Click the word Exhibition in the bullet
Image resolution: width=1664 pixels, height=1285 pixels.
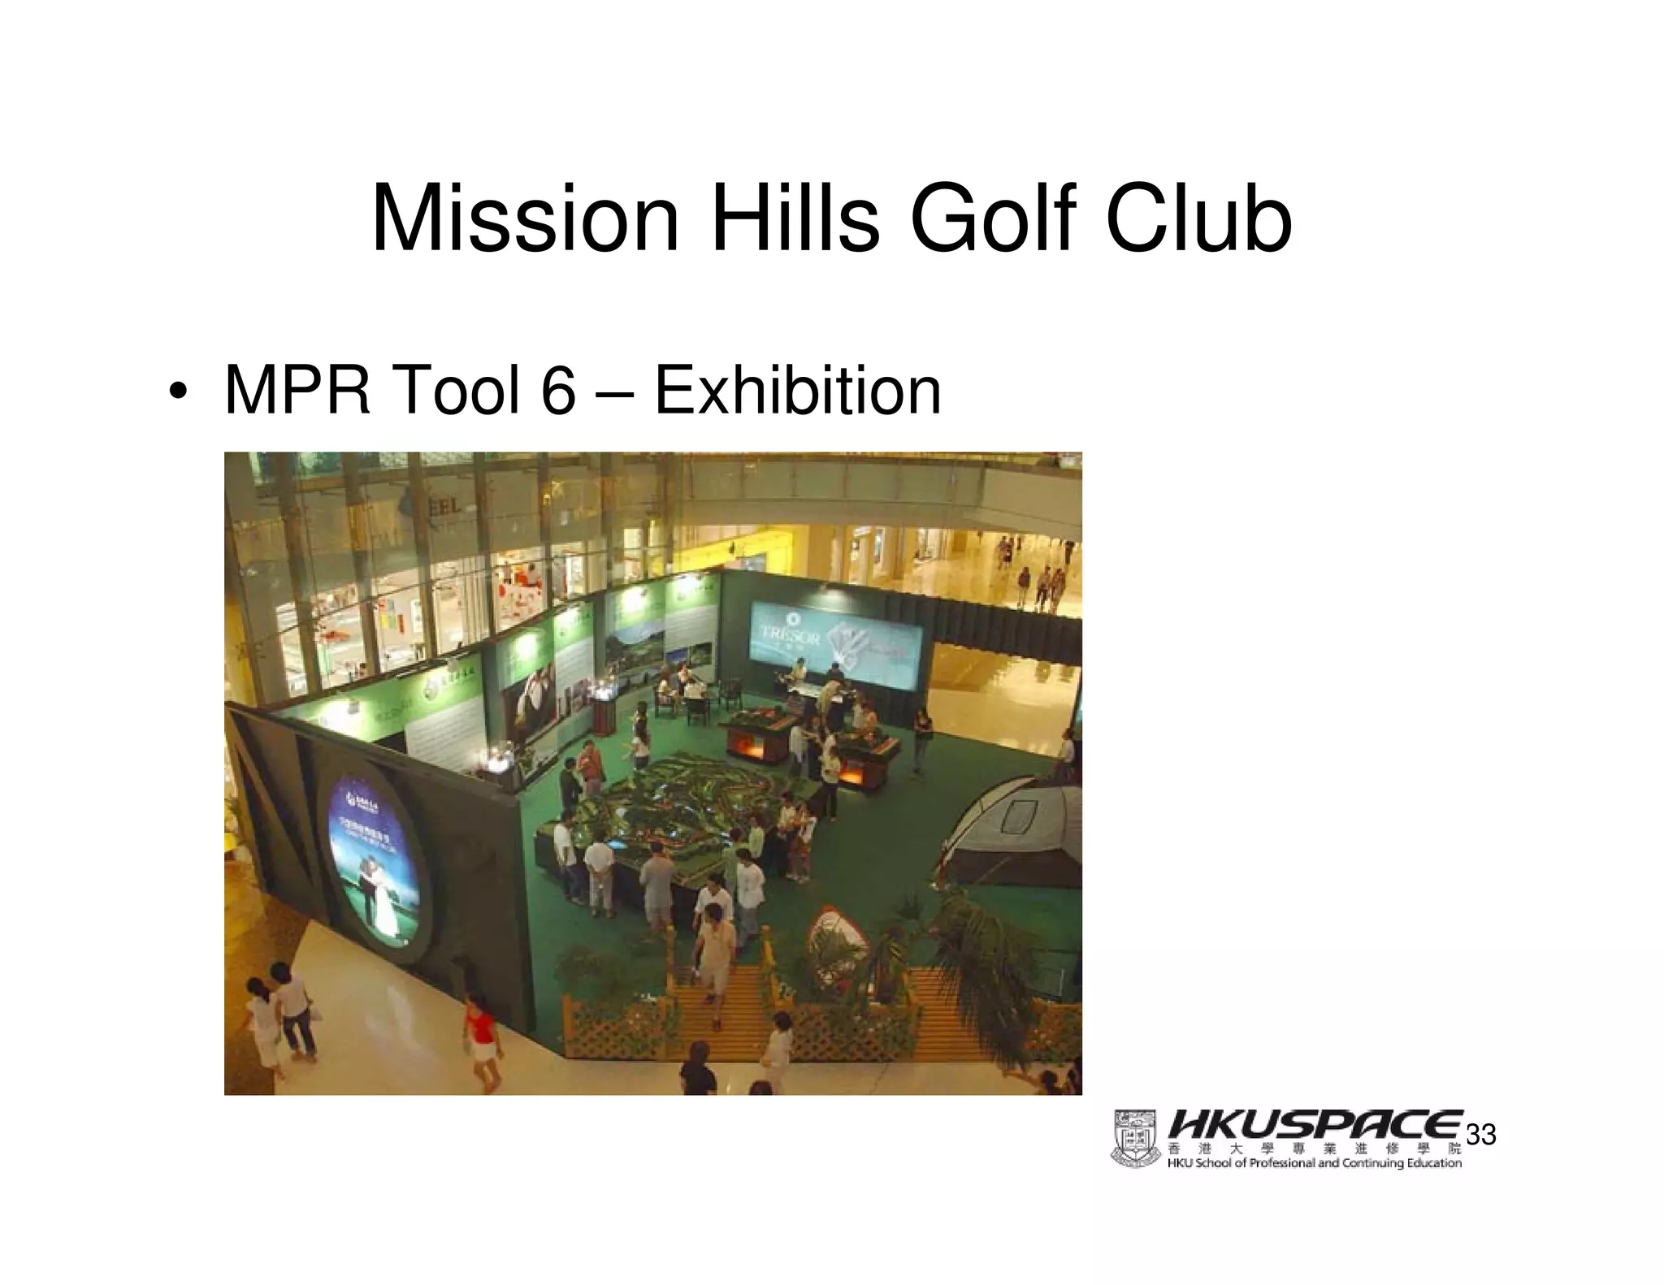click(x=798, y=391)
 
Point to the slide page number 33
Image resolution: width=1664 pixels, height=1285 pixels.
click(x=1481, y=1135)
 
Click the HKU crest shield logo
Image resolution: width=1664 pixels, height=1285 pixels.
click(x=1135, y=1138)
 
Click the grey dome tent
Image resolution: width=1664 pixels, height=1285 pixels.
click(x=1016, y=829)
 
